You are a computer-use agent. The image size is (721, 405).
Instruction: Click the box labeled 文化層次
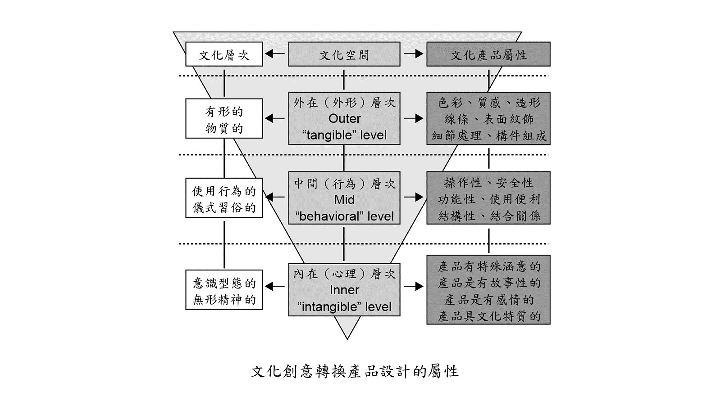(224, 54)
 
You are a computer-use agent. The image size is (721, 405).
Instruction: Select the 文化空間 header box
(344, 54)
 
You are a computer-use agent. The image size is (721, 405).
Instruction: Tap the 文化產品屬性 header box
(488, 54)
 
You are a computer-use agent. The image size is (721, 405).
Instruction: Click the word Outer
(344, 119)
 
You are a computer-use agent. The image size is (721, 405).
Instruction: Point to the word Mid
(344, 200)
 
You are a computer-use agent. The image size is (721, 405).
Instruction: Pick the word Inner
(344, 290)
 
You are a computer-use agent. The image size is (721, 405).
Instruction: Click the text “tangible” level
(344, 135)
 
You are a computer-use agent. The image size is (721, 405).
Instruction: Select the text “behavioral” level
(344, 216)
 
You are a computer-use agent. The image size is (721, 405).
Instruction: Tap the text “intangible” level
(344, 307)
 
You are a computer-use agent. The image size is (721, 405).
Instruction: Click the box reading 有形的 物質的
(224, 119)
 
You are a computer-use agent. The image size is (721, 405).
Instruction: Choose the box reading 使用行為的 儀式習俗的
(224, 198)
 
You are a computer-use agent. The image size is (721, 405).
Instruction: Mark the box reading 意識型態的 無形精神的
(224, 290)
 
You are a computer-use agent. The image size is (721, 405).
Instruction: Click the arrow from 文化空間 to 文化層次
(275, 54)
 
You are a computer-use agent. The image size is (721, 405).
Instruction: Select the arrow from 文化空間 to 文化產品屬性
(414, 54)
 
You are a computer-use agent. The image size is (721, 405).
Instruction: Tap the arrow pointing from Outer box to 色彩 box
(414, 118)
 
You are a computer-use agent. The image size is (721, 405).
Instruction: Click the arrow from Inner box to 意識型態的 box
(275, 286)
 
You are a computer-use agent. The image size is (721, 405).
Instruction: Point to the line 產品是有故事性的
(488, 283)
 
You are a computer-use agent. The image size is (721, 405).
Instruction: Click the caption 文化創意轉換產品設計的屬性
(354, 372)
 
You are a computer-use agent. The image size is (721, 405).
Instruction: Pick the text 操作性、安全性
(488, 183)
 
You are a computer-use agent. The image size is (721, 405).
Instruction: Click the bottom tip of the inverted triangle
(347, 339)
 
